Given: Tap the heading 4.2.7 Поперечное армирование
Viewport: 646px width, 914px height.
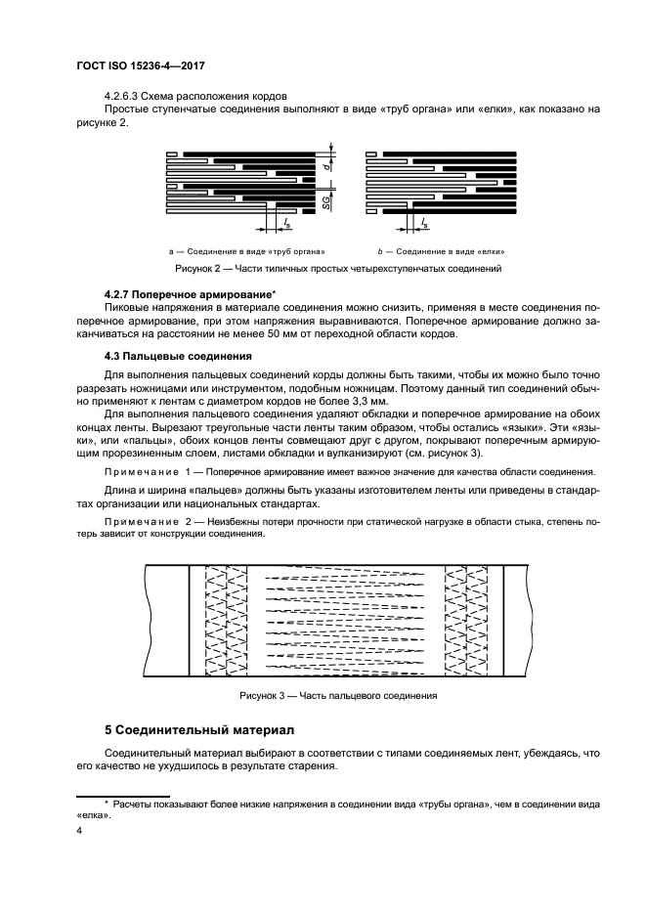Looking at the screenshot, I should (189, 294).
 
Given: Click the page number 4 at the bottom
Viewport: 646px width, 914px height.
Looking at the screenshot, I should (80, 831).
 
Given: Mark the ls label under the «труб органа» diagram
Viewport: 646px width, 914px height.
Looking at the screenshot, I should (286, 223).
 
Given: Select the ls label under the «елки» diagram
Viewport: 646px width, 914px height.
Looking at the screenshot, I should (424, 223).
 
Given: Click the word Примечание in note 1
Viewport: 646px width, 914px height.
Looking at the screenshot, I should (137, 471).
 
